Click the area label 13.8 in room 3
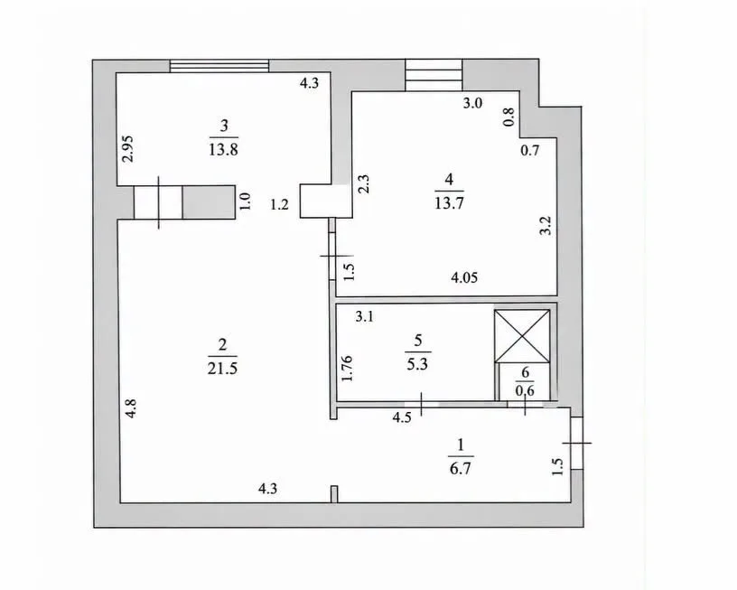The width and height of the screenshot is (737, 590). pos(223,149)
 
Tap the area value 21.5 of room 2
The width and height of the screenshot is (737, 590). pos(222,368)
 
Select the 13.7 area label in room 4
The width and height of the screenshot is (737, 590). pos(450,203)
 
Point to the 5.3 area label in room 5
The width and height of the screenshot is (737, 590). pos(417,364)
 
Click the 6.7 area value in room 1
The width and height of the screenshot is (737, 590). pos(460,468)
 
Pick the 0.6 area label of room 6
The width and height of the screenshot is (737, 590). pos(525,390)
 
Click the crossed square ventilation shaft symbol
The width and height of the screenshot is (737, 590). pos(522,336)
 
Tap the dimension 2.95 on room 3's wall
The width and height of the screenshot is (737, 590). pos(128,148)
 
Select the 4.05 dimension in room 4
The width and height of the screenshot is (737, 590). pos(464,277)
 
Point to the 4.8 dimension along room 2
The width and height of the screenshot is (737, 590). pos(131,408)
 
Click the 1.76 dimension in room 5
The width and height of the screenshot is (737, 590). pos(347,369)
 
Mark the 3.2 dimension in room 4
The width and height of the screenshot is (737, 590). pos(545,225)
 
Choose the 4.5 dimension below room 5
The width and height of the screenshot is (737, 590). pos(402,417)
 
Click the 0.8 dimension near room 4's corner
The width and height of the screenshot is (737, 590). pos(509,117)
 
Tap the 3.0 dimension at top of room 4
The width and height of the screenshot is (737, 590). pos(472,103)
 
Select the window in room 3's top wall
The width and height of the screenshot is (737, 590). pos(219,66)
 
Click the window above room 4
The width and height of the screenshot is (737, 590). pos(434,75)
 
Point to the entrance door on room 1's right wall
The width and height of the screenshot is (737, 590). pos(577,443)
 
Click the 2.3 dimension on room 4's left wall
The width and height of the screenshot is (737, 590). pos(364,184)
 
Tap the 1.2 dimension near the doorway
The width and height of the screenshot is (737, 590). pos(279,204)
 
